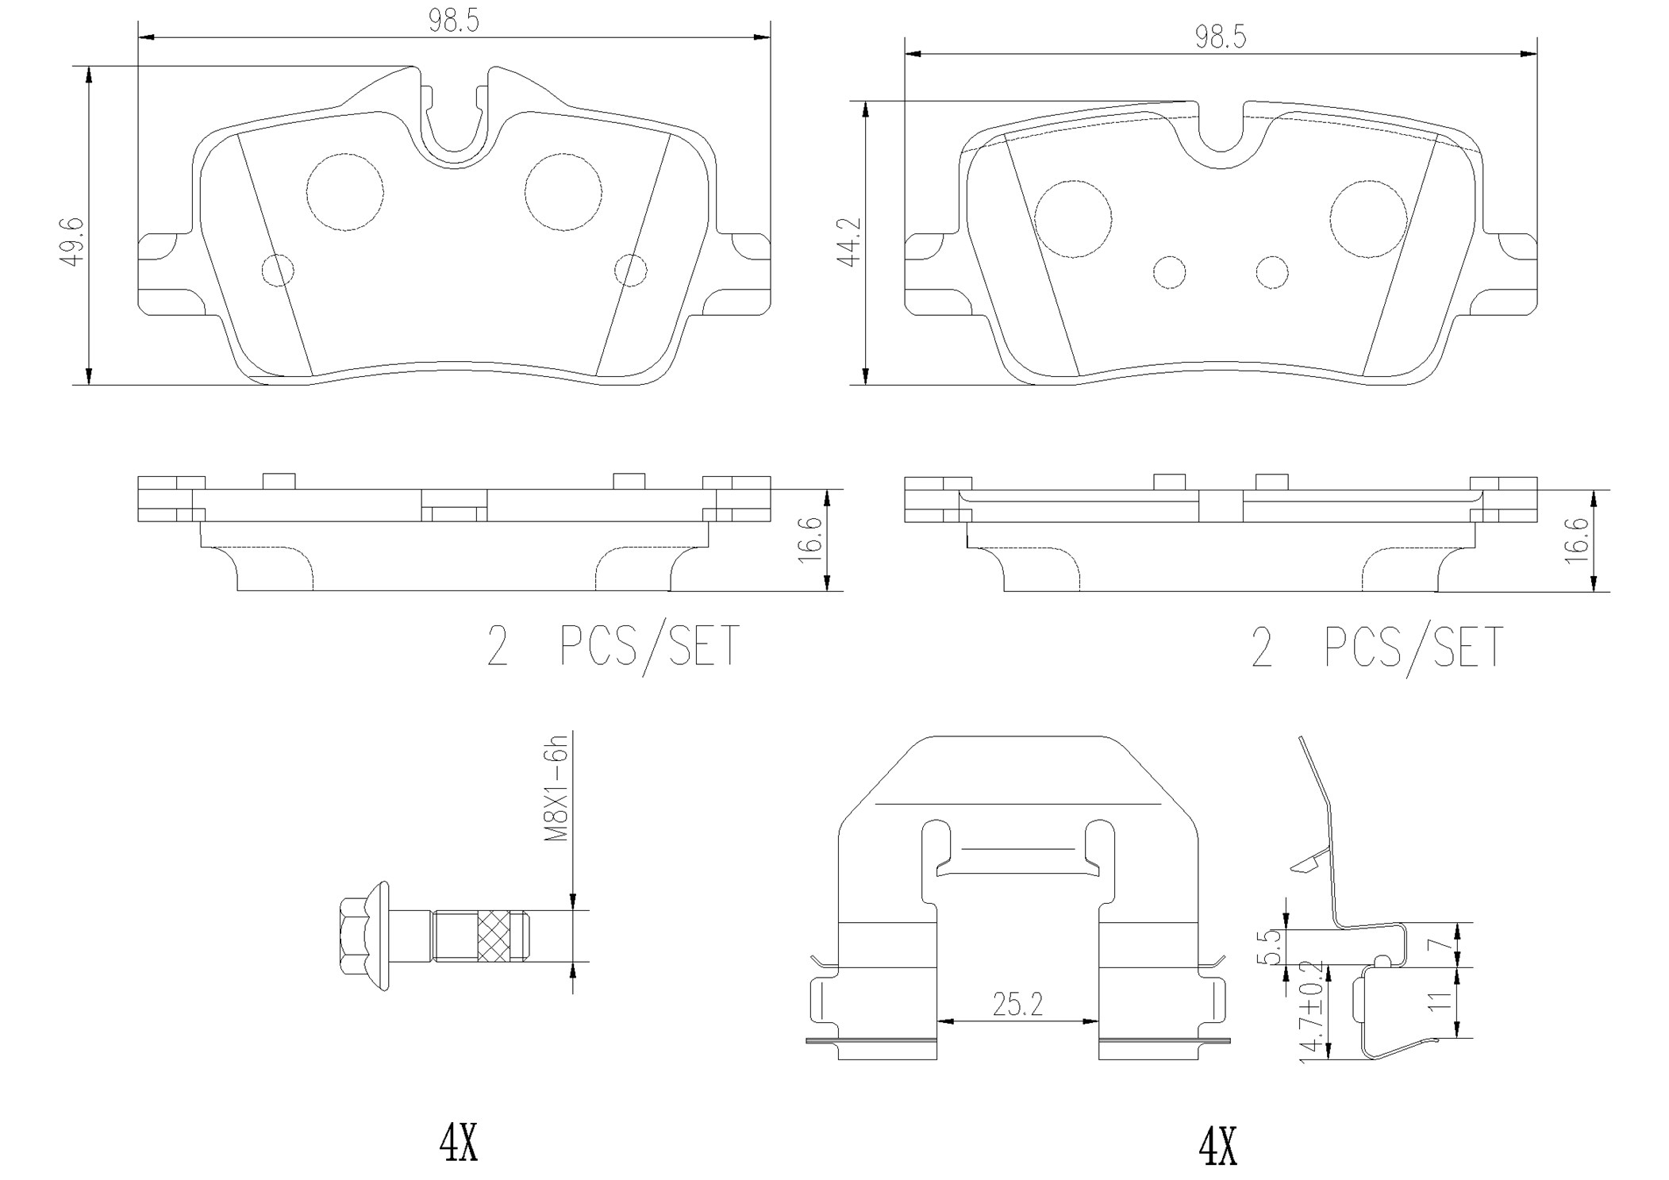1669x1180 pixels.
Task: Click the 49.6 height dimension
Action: [x=73, y=241]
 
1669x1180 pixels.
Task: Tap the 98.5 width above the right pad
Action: [x=1221, y=37]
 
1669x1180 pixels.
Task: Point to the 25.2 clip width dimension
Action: [x=1017, y=1005]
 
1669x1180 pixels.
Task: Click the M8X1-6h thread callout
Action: [x=558, y=788]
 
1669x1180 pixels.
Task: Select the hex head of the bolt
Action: [x=354, y=936]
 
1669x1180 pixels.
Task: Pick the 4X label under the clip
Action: [x=1218, y=1147]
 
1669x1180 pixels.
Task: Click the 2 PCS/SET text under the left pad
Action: [x=613, y=647]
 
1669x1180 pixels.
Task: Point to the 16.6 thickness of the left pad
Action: [x=810, y=540]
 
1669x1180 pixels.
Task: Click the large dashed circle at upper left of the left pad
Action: [x=345, y=191]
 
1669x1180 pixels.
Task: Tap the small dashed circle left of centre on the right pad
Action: [x=1169, y=272]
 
